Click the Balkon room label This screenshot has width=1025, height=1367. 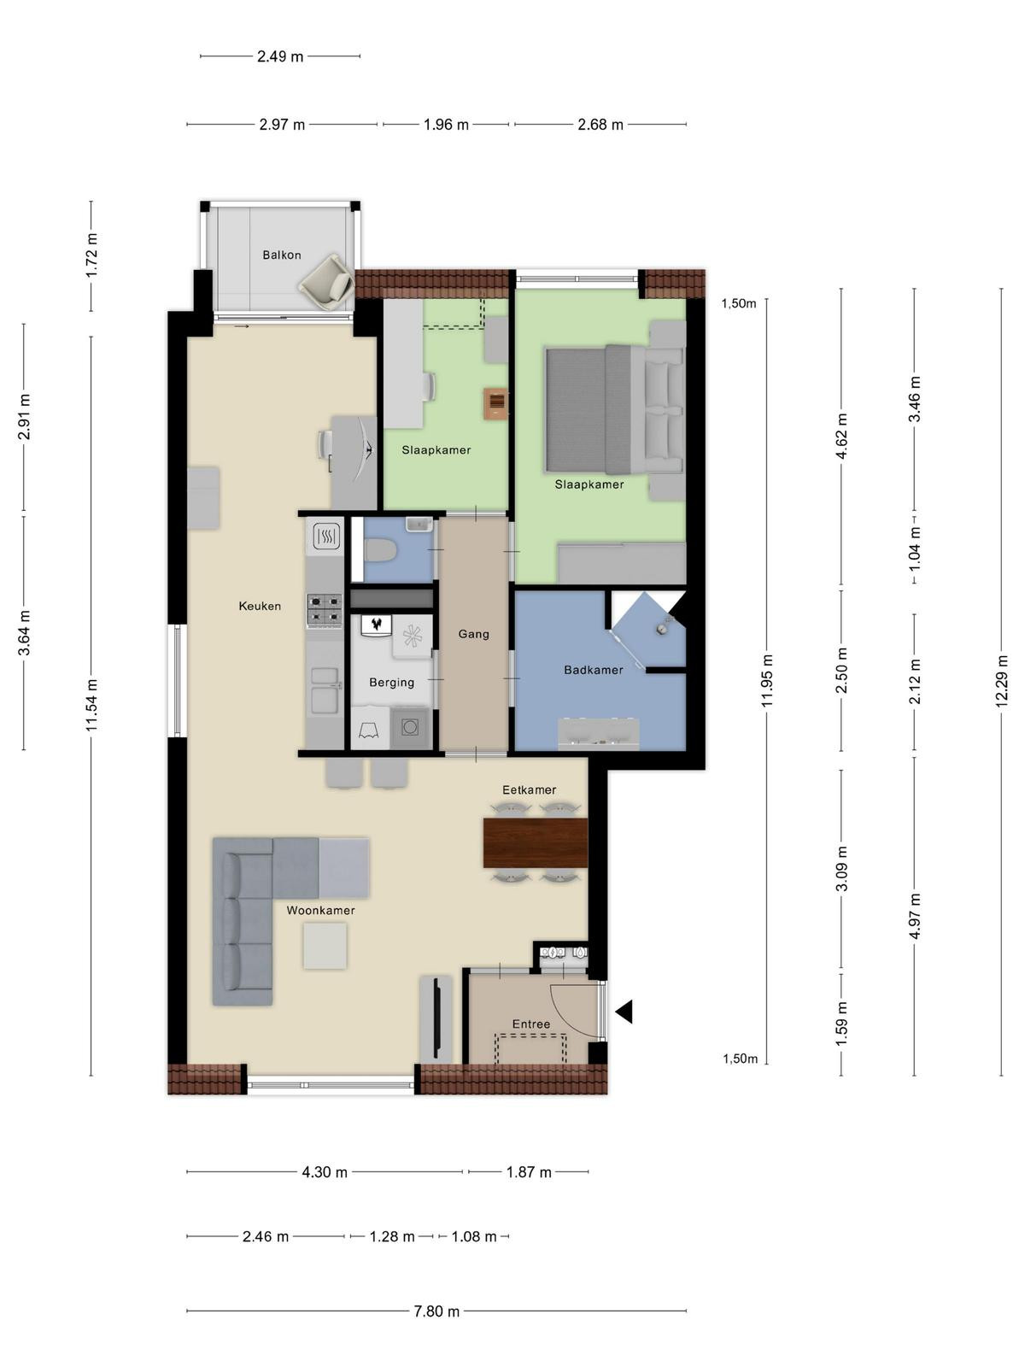(x=281, y=255)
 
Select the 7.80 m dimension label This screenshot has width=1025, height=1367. (x=436, y=1311)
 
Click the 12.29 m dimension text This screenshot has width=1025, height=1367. (x=1001, y=681)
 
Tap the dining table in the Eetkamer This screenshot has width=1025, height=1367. (x=536, y=842)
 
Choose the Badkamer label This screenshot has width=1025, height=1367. (x=593, y=670)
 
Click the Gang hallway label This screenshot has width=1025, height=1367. (x=473, y=634)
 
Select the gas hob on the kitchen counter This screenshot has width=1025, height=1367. (x=325, y=610)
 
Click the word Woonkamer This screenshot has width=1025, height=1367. (x=320, y=910)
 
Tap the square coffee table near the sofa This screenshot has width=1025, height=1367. (x=325, y=946)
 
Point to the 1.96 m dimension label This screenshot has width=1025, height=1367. (x=446, y=125)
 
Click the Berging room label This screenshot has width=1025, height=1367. (x=391, y=683)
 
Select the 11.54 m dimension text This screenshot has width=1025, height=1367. (x=91, y=705)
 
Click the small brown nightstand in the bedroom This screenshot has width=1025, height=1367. (x=496, y=403)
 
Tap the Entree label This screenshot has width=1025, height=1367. (x=530, y=1024)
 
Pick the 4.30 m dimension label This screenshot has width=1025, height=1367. (x=325, y=1172)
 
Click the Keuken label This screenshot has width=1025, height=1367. (x=260, y=606)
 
